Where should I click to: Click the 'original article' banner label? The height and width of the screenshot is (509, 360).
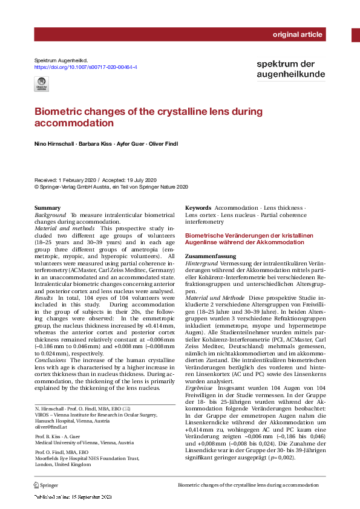click(x=298, y=34)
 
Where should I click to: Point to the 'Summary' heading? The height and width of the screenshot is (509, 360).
click(x=48, y=208)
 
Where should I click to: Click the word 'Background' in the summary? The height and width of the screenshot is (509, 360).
click(x=51, y=215)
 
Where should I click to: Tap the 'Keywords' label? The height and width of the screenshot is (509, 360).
click(x=198, y=207)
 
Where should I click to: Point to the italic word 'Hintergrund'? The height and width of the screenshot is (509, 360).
click(x=201, y=264)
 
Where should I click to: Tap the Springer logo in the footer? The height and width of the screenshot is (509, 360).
click(x=47, y=485)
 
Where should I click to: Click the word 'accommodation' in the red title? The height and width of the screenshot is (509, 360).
click(x=74, y=123)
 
